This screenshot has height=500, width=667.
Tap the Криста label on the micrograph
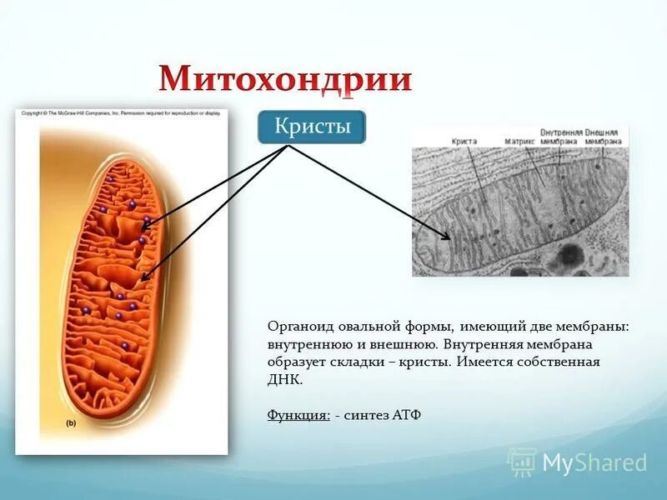[x=464, y=142]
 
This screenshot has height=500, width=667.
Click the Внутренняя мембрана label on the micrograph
[x=559, y=137]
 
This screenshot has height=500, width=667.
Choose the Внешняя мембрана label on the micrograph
[x=606, y=137]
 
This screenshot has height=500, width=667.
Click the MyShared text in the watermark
[x=594, y=462]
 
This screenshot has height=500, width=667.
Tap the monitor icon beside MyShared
[x=522, y=462]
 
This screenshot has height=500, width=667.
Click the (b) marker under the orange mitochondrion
[x=72, y=424]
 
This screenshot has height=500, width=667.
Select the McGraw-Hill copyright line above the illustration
[x=121, y=113]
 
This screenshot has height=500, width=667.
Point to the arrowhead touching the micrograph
[x=447, y=237]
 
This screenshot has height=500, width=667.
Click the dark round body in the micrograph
[x=572, y=253]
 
